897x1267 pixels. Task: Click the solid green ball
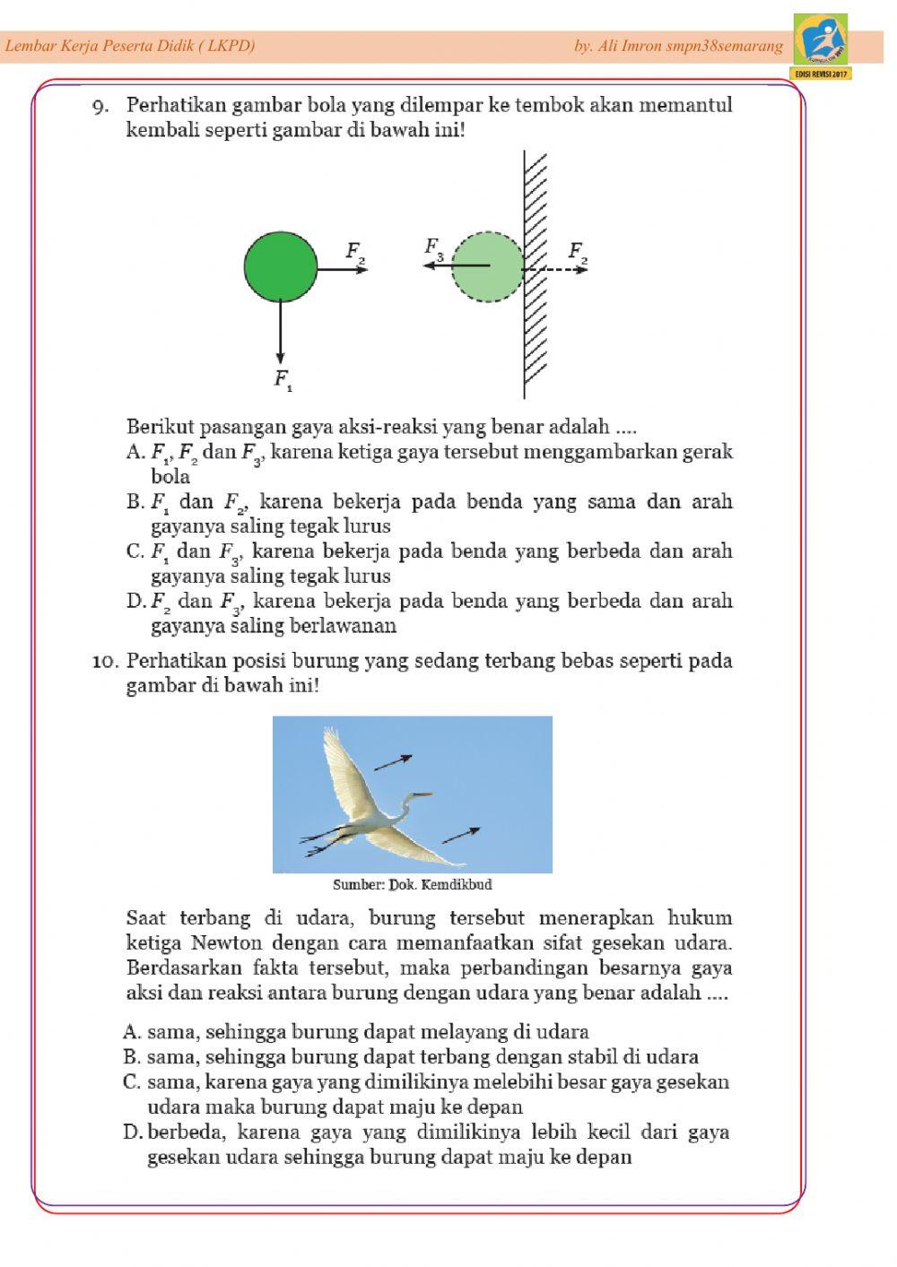(280, 266)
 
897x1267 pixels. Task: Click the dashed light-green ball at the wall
(486, 266)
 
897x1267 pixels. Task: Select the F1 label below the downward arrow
(283, 380)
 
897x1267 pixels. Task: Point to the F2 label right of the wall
(579, 252)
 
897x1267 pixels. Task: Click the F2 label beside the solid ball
(356, 252)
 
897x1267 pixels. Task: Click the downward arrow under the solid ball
(281, 332)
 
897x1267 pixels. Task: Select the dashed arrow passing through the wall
(556, 268)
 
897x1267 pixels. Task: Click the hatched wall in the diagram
(536, 269)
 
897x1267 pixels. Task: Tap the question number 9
(100, 107)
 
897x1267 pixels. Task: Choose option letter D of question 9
(135, 601)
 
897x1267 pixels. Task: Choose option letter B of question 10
(132, 1057)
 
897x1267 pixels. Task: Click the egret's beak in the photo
(422, 794)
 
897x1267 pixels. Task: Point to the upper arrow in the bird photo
(393, 762)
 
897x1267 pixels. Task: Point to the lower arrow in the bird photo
(460, 835)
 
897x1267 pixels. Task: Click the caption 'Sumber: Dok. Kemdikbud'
(412, 885)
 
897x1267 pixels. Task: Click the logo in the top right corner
(821, 44)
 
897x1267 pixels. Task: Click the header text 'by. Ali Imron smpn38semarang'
(678, 46)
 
